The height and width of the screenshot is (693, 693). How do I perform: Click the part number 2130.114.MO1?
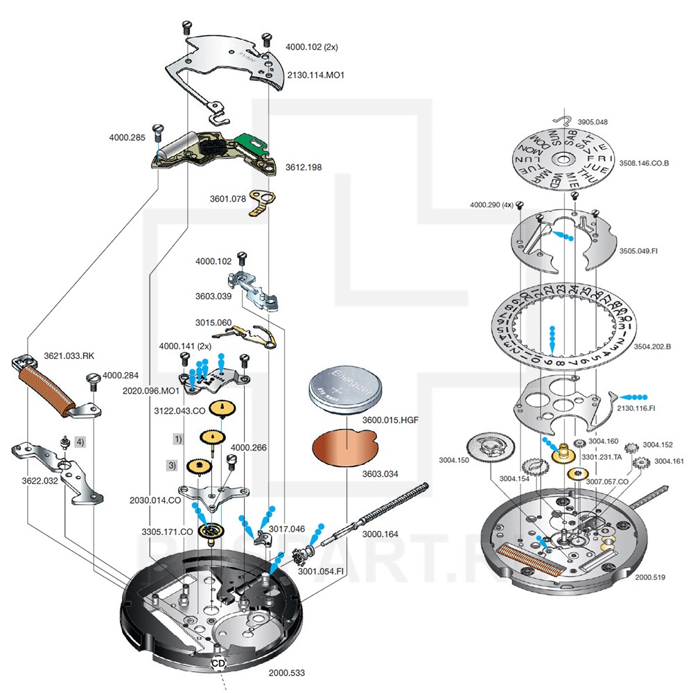(x=315, y=74)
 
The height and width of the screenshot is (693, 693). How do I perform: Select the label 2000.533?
(x=286, y=672)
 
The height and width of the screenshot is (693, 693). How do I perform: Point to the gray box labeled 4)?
(x=81, y=441)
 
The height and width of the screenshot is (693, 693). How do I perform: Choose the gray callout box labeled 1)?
(x=178, y=439)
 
